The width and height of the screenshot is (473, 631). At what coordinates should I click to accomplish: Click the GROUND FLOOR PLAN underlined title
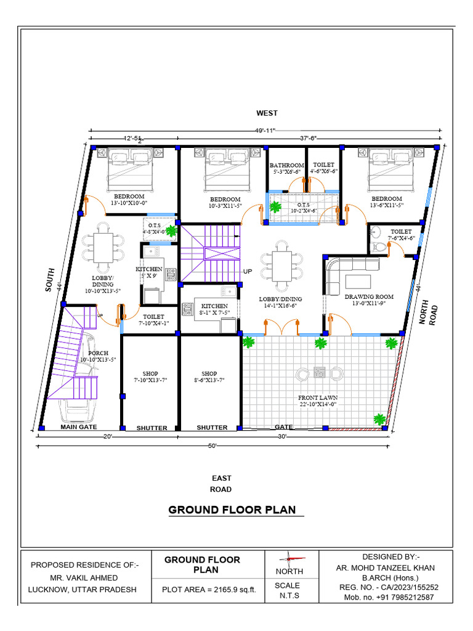232,510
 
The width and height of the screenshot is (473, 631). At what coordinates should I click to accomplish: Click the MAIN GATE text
79,426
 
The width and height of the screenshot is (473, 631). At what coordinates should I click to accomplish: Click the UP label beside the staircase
248,272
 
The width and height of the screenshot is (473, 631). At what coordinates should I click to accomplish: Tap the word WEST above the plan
267,113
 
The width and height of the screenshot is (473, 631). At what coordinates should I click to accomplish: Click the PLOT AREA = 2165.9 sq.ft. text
208,589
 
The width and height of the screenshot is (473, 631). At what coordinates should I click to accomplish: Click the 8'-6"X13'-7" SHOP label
209,377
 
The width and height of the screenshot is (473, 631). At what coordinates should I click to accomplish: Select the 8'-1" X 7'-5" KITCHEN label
215,309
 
